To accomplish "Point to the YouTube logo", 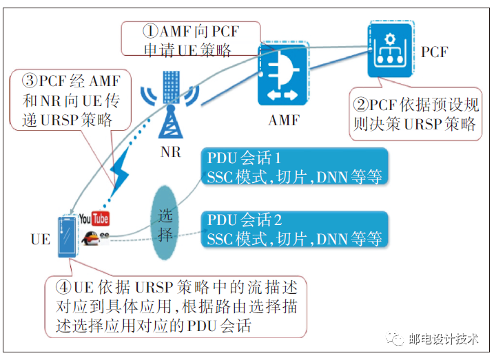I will tap(94, 219).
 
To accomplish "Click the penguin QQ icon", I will tap(90, 238).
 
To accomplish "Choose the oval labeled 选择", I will tap(166, 222).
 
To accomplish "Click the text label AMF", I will tap(284, 120).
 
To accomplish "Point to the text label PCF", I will tap(434, 52).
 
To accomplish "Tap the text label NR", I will tap(170, 151).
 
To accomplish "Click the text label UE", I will tap(41, 240).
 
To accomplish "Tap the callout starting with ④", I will tap(175, 306).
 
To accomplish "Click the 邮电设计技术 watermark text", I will tap(443, 339).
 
